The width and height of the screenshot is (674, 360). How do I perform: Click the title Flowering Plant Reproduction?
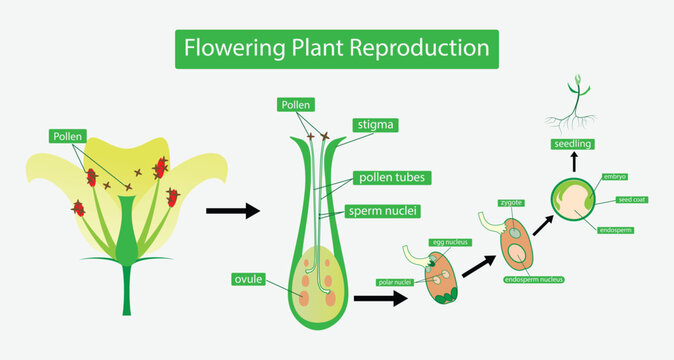336,47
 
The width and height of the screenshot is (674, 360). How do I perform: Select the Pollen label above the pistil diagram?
296,104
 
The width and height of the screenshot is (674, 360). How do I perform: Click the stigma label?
376,126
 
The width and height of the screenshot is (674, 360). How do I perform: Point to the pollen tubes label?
394,178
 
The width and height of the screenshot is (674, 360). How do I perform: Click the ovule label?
248,279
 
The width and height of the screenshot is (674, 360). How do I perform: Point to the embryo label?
615,177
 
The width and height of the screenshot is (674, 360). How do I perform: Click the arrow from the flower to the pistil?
232,210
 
